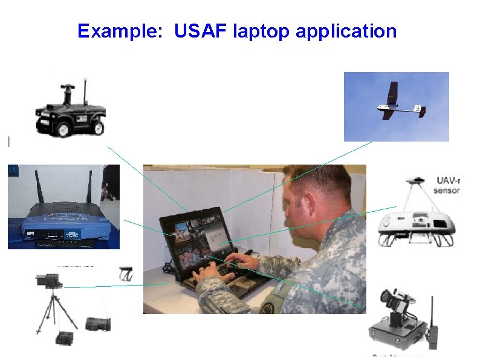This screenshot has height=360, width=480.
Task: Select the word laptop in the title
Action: click(261, 31)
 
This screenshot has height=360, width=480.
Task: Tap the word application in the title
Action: click(346, 31)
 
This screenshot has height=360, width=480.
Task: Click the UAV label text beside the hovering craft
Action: click(447, 185)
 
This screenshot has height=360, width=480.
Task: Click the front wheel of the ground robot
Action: click(99, 128)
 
